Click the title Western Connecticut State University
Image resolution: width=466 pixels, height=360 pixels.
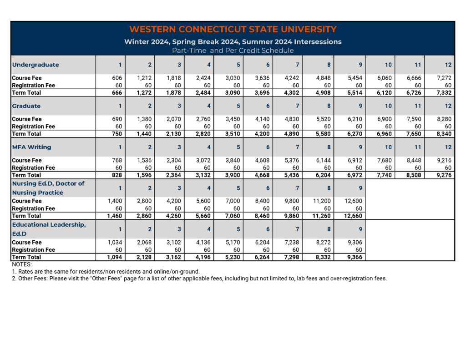[233, 30]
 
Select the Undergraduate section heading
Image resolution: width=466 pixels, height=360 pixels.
[35, 65]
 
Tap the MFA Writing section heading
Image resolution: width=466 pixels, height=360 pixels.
[31, 147]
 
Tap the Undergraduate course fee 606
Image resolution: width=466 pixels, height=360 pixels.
[116, 78]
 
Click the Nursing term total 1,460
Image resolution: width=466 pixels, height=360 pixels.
[113, 216]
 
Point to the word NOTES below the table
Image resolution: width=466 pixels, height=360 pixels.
[22, 264]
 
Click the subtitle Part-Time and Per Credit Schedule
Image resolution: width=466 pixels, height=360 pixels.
[233, 51]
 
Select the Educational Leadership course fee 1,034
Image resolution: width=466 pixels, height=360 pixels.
[114, 243]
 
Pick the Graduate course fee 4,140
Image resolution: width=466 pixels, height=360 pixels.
[265, 119]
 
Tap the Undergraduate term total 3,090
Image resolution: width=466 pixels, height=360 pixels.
[236, 93]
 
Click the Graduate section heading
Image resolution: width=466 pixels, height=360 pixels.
[26, 106]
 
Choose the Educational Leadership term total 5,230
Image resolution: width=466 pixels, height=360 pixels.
[236, 257]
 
